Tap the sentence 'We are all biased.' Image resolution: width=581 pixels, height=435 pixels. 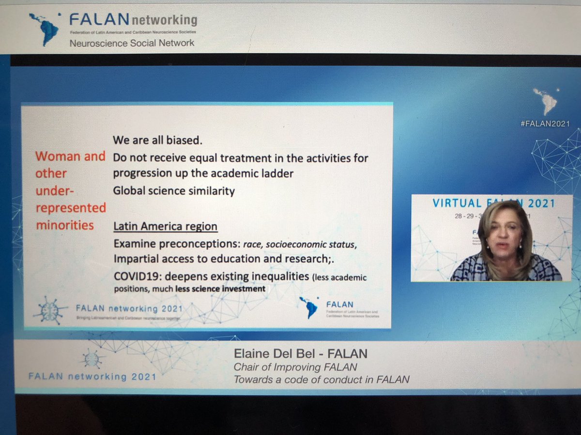(157, 141)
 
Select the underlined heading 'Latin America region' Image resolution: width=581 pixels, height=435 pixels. (165, 226)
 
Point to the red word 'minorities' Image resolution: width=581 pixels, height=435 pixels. (65, 225)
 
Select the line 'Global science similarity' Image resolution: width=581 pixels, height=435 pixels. (174, 191)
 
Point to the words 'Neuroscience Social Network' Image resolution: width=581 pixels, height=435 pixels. (132, 43)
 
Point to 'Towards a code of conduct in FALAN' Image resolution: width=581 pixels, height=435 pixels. (321, 379)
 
